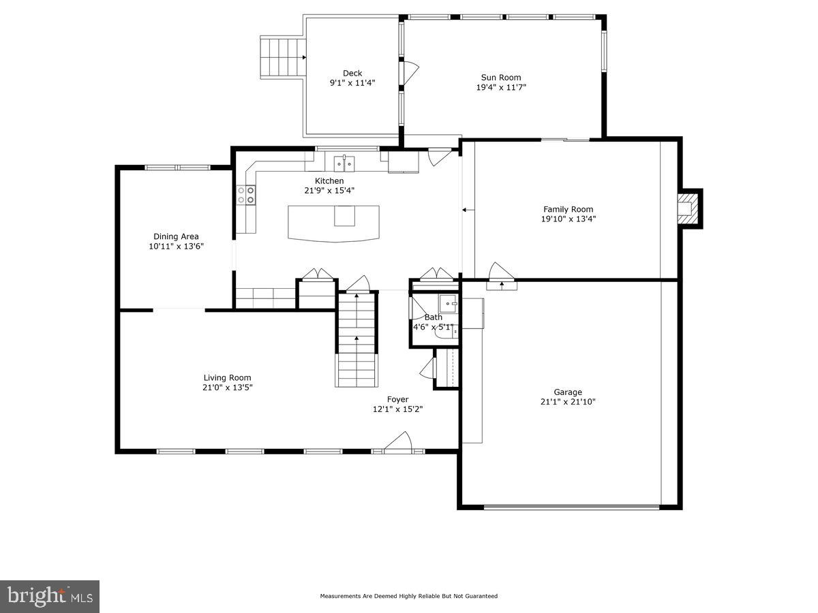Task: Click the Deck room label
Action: pos(352,73)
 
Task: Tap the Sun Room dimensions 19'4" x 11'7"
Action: pos(501,87)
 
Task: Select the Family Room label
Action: pos(568,209)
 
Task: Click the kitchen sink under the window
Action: pos(344,163)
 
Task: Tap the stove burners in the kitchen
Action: pos(245,195)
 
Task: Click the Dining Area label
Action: pos(176,236)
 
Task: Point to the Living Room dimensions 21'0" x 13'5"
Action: pos(227,388)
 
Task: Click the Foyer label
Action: pos(397,399)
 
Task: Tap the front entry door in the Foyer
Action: pos(397,444)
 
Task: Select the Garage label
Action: pos(567,392)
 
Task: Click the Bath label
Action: pos(434,317)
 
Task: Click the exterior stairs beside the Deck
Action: pos(281,58)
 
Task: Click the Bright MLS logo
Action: pos(49,597)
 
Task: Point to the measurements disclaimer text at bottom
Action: pos(408,596)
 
